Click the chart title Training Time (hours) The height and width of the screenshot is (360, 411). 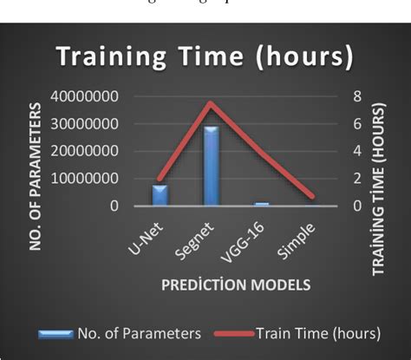point(205,56)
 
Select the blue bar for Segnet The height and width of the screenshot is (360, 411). point(211,166)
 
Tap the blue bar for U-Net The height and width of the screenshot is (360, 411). point(160,194)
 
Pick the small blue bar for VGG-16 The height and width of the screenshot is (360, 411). point(261,204)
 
